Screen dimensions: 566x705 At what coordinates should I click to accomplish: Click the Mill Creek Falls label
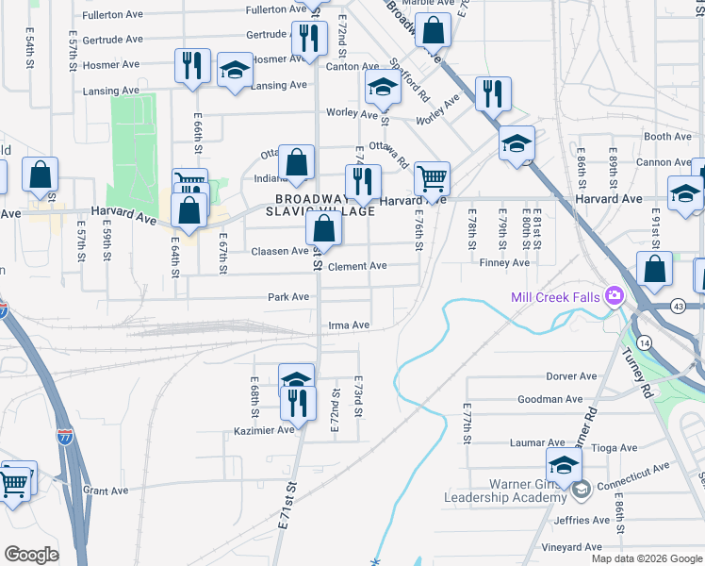pyautogui.click(x=555, y=297)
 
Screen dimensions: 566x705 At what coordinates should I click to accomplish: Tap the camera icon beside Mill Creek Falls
pyautogui.click(x=615, y=297)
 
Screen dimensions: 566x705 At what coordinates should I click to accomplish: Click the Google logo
pyautogui.click(x=31, y=555)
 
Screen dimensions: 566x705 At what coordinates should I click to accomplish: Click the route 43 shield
pyautogui.click(x=680, y=308)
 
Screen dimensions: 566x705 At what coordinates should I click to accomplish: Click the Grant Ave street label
pyautogui.click(x=105, y=491)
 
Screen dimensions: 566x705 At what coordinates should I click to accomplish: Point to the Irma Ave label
pyautogui.click(x=349, y=325)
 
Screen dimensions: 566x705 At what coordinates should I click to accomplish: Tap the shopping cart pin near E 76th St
pyautogui.click(x=432, y=177)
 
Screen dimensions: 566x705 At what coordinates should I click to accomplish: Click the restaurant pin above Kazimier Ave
pyautogui.click(x=297, y=403)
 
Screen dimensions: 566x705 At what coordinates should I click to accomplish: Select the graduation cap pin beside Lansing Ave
pyautogui.click(x=235, y=71)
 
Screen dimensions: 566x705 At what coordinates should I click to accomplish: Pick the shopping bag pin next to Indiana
pyautogui.click(x=297, y=162)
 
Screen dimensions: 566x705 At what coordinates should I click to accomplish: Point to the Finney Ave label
pyautogui.click(x=500, y=262)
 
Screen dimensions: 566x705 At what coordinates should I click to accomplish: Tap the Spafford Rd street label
pyautogui.click(x=411, y=82)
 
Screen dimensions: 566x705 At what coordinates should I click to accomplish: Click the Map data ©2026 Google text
pyautogui.click(x=647, y=558)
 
